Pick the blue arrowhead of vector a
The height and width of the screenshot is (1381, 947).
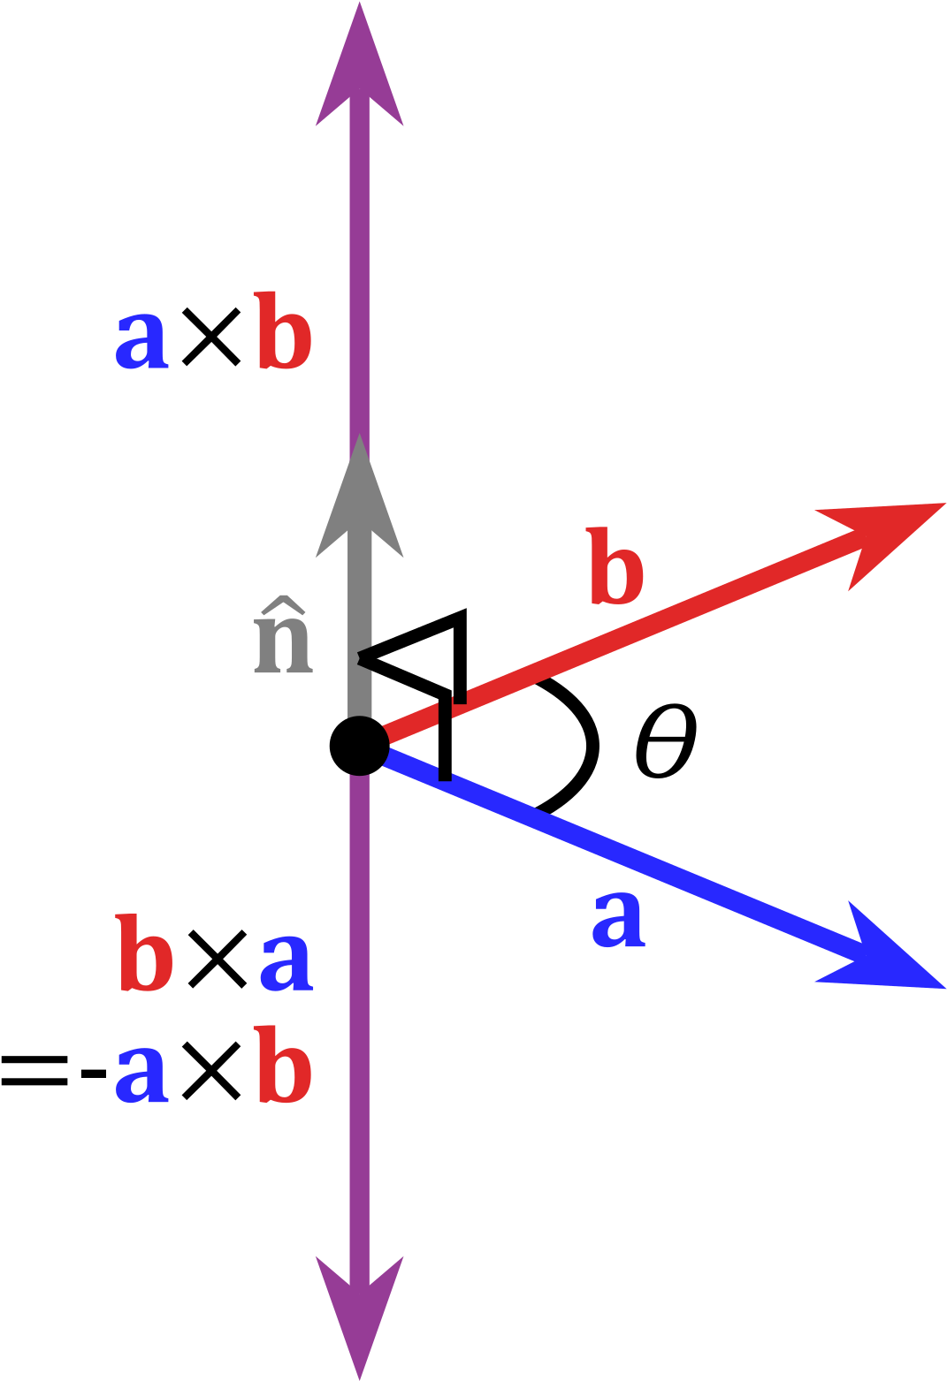click(x=884, y=954)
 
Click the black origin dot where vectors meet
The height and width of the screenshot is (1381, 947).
click(x=360, y=746)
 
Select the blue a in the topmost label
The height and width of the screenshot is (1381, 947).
click(x=141, y=340)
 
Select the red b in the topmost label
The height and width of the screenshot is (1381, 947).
click(x=284, y=331)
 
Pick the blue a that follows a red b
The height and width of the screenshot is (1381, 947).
click(x=286, y=962)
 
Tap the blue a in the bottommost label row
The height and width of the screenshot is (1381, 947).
click(x=141, y=1074)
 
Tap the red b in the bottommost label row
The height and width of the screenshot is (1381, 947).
click(x=284, y=1065)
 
